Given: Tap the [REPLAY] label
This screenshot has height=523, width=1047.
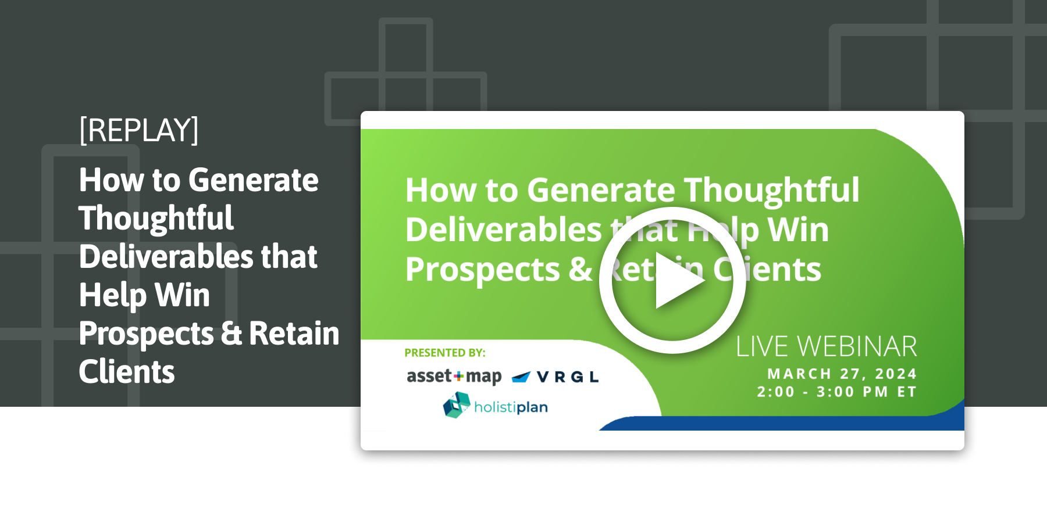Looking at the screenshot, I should [138, 130].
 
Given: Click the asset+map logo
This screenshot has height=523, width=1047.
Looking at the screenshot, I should [454, 377].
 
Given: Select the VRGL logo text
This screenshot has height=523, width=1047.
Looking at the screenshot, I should [567, 377].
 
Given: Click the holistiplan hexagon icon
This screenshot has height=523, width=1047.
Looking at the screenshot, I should [457, 405].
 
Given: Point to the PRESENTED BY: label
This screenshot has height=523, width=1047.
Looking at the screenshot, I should [444, 353].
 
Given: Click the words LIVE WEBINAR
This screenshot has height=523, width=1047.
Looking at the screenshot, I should [826, 347].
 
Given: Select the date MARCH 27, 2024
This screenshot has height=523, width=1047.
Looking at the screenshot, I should [842, 374].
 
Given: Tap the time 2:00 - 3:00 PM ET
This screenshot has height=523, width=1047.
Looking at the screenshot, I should [836, 392].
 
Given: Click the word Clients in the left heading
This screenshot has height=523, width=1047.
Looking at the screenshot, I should [127, 372].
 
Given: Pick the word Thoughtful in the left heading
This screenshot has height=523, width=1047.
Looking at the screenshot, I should [156, 218].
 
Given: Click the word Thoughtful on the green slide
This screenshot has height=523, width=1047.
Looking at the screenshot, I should [771, 190].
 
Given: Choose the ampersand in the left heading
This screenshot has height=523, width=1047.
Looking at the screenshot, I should [232, 334].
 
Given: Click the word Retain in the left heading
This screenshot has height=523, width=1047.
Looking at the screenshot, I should [294, 334].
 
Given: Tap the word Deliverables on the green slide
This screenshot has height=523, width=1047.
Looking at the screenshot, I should [504, 230].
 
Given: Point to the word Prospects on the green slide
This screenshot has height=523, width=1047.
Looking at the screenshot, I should [482, 270].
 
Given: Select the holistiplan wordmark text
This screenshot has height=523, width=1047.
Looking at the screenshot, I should [511, 407].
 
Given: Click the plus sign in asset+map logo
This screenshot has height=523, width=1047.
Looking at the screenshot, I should [459, 377].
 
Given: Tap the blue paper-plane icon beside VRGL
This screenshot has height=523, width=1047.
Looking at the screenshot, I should [521, 377].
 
